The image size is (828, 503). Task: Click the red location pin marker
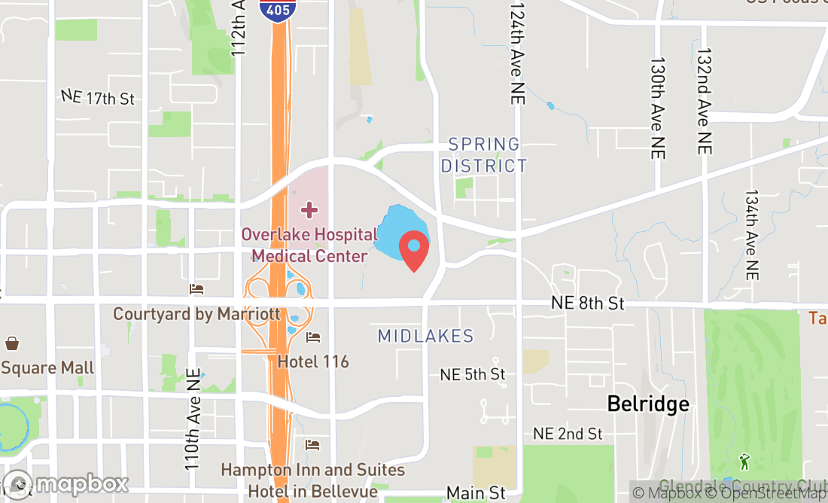(x=413, y=251)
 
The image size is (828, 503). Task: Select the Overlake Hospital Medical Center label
(x=309, y=245)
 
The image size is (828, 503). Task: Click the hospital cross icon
(x=309, y=209)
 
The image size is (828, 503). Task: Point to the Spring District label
(x=484, y=155)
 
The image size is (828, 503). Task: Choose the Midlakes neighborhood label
(x=425, y=336)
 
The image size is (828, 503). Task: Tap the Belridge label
(x=648, y=404)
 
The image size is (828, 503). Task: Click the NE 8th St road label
(x=588, y=303)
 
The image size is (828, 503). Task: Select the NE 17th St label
(x=98, y=98)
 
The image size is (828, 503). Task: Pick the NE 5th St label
(x=473, y=374)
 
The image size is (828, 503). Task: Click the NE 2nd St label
(x=568, y=434)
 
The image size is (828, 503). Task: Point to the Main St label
(x=476, y=493)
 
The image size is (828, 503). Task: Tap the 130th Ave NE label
(x=658, y=108)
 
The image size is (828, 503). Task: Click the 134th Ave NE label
(x=751, y=235)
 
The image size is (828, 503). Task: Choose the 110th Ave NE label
(x=192, y=419)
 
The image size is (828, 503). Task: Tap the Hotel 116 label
(x=313, y=361)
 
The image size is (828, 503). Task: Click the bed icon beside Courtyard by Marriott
(x=197, y=289)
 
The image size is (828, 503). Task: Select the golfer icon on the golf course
(x=744, y=459)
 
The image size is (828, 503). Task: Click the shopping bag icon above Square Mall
(x=12, y=343)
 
